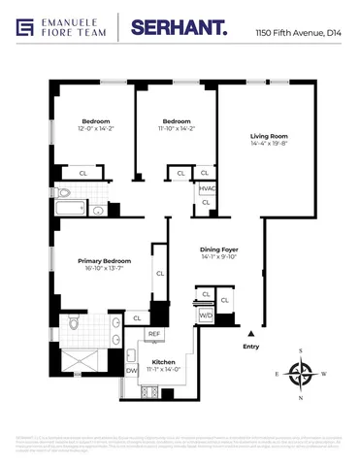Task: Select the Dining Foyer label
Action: point(218,250)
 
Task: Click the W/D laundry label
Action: point(206,316)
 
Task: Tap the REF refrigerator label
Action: point(154,334)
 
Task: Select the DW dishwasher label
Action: point(132,370)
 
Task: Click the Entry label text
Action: point(251,347)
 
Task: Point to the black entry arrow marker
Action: point(251,334)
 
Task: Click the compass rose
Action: point(303,373)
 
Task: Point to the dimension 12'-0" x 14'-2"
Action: point(94,128)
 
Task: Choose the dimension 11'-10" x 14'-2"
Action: point(175,128)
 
